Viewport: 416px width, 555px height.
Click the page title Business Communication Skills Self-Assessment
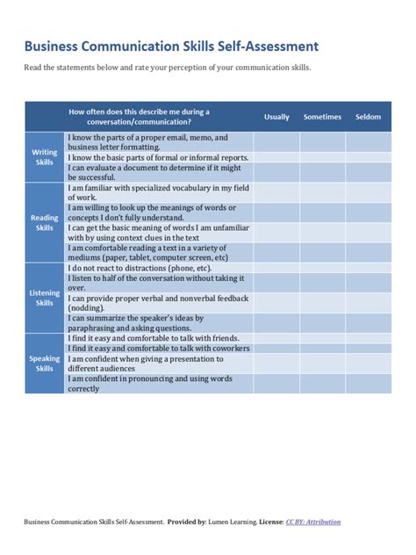[170, 45]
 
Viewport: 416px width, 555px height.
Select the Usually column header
[276, 117]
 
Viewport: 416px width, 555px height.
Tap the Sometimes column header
[322, 117]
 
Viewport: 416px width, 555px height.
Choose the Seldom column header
[368, 117]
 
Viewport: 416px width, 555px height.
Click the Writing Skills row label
[45, 157]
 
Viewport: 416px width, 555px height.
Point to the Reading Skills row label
[45, 222]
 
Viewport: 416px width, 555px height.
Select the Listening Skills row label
[45, 298]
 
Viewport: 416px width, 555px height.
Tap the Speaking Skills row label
[45, 364]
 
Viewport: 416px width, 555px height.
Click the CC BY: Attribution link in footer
[313, 522]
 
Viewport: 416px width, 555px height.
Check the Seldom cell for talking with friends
[368, 338]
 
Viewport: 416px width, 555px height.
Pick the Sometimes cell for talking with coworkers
[322, 349]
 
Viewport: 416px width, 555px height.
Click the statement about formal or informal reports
[158, 157]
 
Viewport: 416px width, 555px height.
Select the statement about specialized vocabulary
[158, 192]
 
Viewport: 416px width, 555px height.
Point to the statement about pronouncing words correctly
[158, 383]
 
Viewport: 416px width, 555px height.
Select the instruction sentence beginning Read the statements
[167, 68]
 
